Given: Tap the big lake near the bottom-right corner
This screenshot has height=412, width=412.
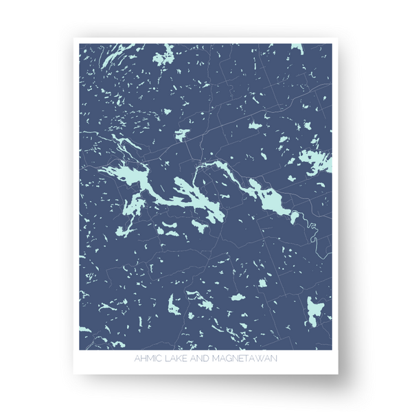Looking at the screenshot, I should pyautogui.click(x=314, y=311).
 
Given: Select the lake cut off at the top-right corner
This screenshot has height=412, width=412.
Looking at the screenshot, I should pyautogui.click(x=298, y=48).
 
